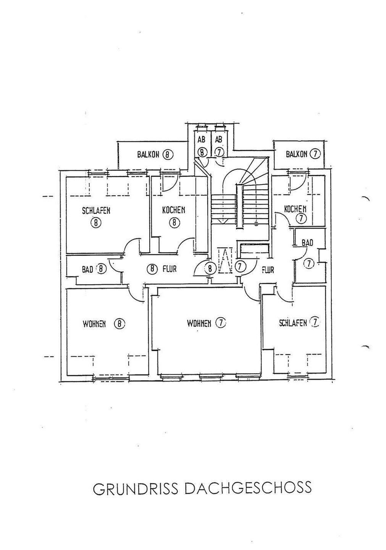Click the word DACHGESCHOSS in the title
click(248, 488)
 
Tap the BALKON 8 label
click(155, 155)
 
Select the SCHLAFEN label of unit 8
click(96, 210)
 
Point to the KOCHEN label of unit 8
click(174, 210)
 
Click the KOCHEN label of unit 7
click(295, 209)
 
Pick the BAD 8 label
click(94, 269)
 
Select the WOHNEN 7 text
click(206, 324)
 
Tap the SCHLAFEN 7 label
click(299, 323)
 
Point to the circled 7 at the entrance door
click(239, 267)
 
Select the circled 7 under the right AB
click(218, 152)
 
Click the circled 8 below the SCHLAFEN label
click(95, 223)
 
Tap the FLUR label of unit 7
click(268, 270)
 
